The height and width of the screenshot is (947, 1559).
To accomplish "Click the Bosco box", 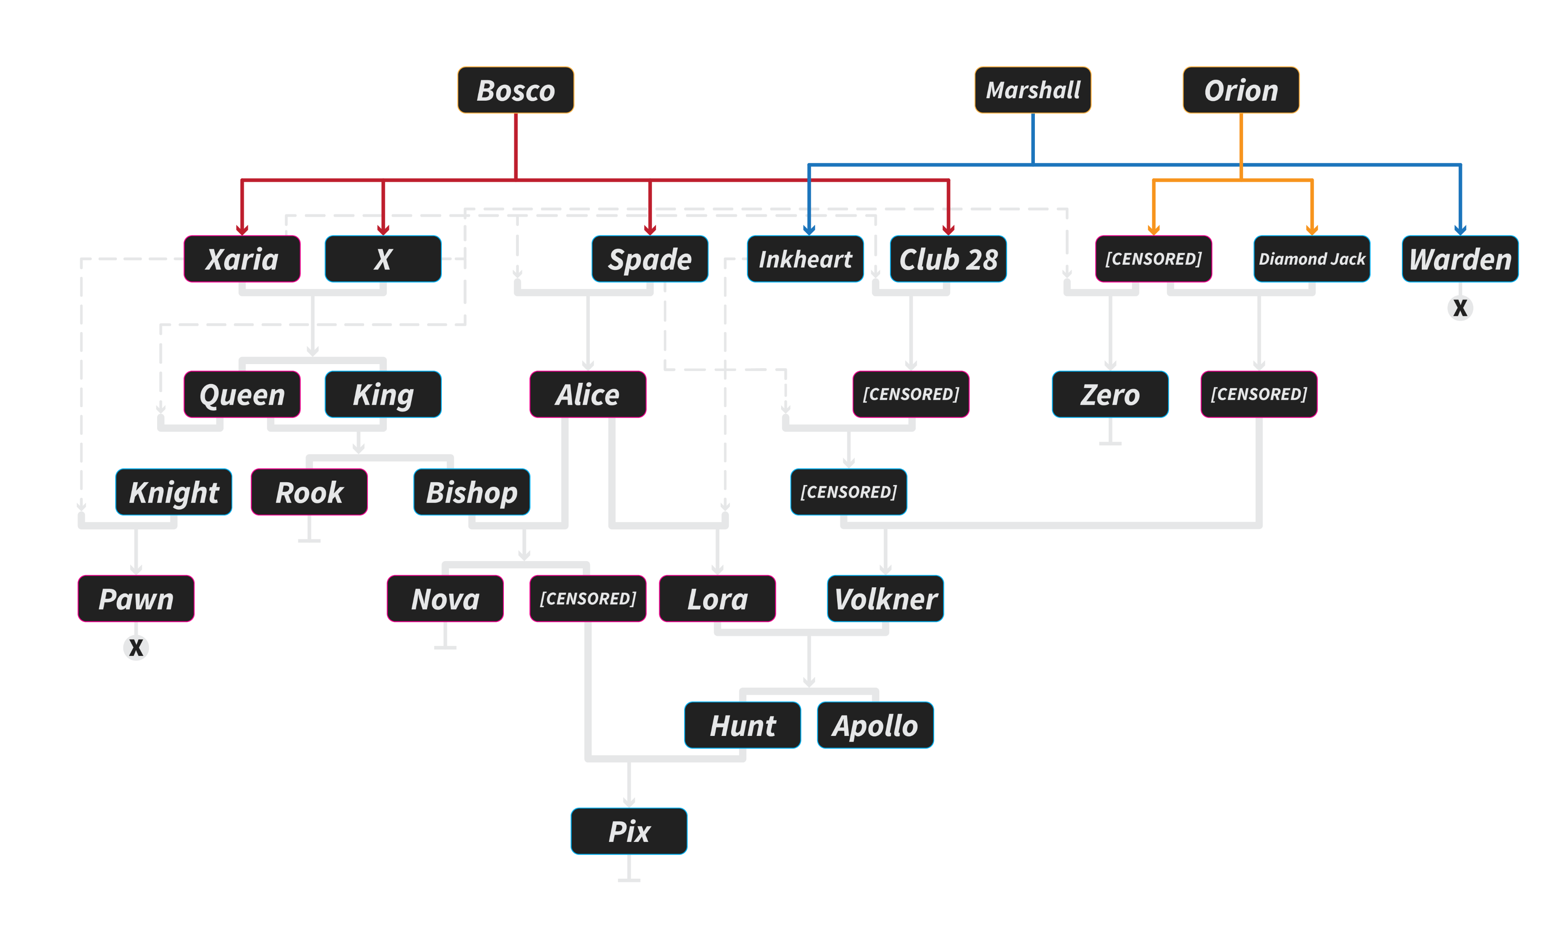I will (x=516, y=90).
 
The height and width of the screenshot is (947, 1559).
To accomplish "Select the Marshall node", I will (x=1032, y=90).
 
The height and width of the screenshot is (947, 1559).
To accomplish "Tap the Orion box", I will (x=1241, y=90).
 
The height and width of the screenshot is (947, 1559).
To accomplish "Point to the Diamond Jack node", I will (x=1312, y=259).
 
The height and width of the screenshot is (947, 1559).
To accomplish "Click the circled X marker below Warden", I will (x=1460, y=308).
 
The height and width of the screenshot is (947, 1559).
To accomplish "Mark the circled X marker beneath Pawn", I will (x=136, y=648).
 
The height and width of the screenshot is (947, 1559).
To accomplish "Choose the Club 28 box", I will (x=948, y=259).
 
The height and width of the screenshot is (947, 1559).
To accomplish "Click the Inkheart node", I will (x=805, y=259).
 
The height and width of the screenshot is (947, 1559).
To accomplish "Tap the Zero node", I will (x=1110, y=394).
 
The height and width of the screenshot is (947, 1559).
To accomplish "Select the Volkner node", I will (x=885, y=598).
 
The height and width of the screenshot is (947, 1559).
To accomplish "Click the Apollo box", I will (x=875, y=725).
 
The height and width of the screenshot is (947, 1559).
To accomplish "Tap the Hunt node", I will (x=742, y=725).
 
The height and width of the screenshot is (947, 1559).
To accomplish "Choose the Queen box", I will (x=242, y=394).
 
